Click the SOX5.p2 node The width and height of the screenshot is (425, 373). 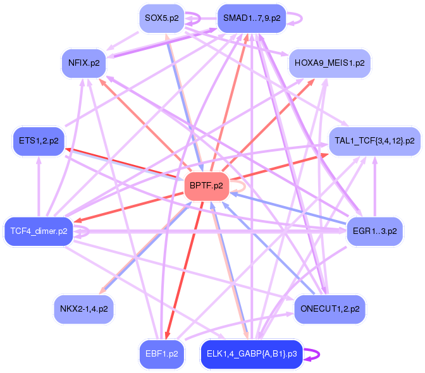coord(161,18)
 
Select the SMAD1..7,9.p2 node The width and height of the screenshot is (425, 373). coord(251,18)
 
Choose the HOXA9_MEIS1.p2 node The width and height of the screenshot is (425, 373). coord(330,63)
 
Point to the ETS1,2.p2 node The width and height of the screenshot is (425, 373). coord(39,142)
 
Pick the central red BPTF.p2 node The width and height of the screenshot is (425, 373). coord(206,186)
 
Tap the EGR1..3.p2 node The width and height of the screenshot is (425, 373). coord(375,231)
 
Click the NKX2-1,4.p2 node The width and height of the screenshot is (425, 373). coord(83,309)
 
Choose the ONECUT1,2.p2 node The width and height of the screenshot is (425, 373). coord(330,309)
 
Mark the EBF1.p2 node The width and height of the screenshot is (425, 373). coord(161,353)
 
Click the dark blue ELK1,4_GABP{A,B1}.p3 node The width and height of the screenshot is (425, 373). coord(252,353)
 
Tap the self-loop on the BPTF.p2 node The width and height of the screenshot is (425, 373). coord(241,186)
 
